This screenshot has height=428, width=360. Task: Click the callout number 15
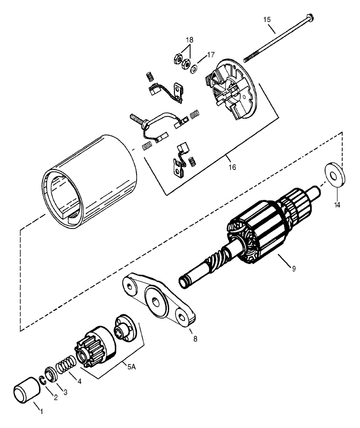tap(267, 20)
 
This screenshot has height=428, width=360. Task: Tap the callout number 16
tap(232, 167)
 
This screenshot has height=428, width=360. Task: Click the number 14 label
tap(337, 205)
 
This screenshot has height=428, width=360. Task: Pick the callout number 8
tap(195, 339)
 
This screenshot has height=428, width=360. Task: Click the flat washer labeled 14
tap(335, 174)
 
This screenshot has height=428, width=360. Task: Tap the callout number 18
tap(189, 39)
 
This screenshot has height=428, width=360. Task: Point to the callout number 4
tap(79, 381)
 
